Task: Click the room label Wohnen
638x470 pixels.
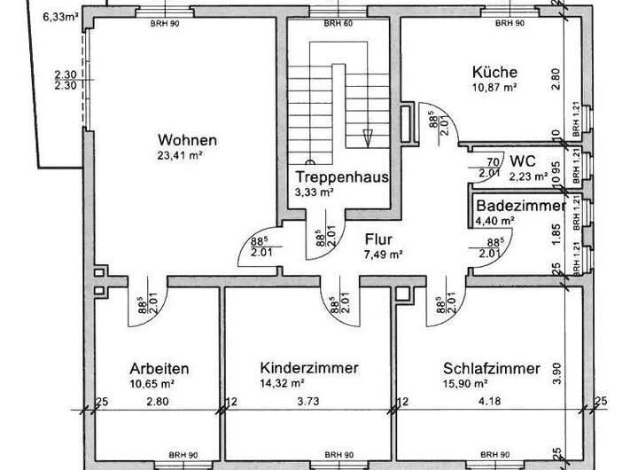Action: [187, 140]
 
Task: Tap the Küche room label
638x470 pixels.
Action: [494, 73]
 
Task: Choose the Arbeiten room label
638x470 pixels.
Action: [159, 368]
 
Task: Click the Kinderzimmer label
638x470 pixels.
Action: [309, 367]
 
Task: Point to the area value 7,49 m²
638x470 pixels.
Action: [382, 254]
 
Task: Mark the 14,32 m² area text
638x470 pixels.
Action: [283, 383]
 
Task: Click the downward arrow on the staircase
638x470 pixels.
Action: [368, 137]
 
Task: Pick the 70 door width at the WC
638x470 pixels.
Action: [494, 161]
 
